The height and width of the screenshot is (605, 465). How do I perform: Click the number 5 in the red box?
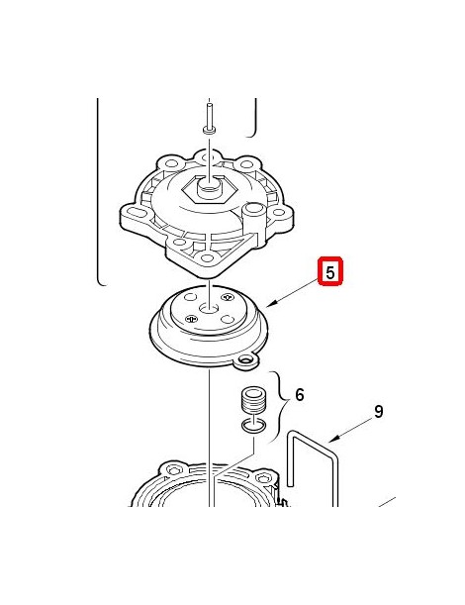(330, 271)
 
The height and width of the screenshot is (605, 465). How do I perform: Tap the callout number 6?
(300, 395)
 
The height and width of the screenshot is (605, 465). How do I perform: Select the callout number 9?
(379, 412)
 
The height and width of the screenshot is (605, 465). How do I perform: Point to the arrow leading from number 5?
(293, 294)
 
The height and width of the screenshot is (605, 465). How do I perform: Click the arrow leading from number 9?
(351, 431)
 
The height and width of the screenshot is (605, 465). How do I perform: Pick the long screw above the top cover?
(209, 118)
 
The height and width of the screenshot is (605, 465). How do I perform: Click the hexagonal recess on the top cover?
(209, 189)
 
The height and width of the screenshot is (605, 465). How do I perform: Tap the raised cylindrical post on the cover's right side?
(254, 219)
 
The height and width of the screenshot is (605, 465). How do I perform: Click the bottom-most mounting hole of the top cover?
(208, 258)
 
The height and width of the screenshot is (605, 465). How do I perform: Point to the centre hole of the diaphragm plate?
(209, 308)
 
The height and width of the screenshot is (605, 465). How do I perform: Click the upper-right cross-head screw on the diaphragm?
(228, 297)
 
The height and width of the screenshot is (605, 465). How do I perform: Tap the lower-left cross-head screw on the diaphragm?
(191, 319)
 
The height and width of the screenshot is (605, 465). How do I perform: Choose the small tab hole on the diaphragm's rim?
(245, 360)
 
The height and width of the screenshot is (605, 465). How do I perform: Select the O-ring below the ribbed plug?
(253, 426)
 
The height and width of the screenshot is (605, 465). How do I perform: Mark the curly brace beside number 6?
(283, 405)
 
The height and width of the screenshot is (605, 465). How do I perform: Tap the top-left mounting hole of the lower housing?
(174, 470)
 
